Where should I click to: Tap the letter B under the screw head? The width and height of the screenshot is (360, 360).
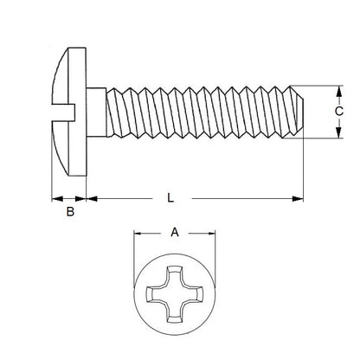pyautogui.click(x=69, y=209)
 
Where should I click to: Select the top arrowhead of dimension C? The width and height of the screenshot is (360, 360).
pyautogui.click(x=337, y=91)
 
